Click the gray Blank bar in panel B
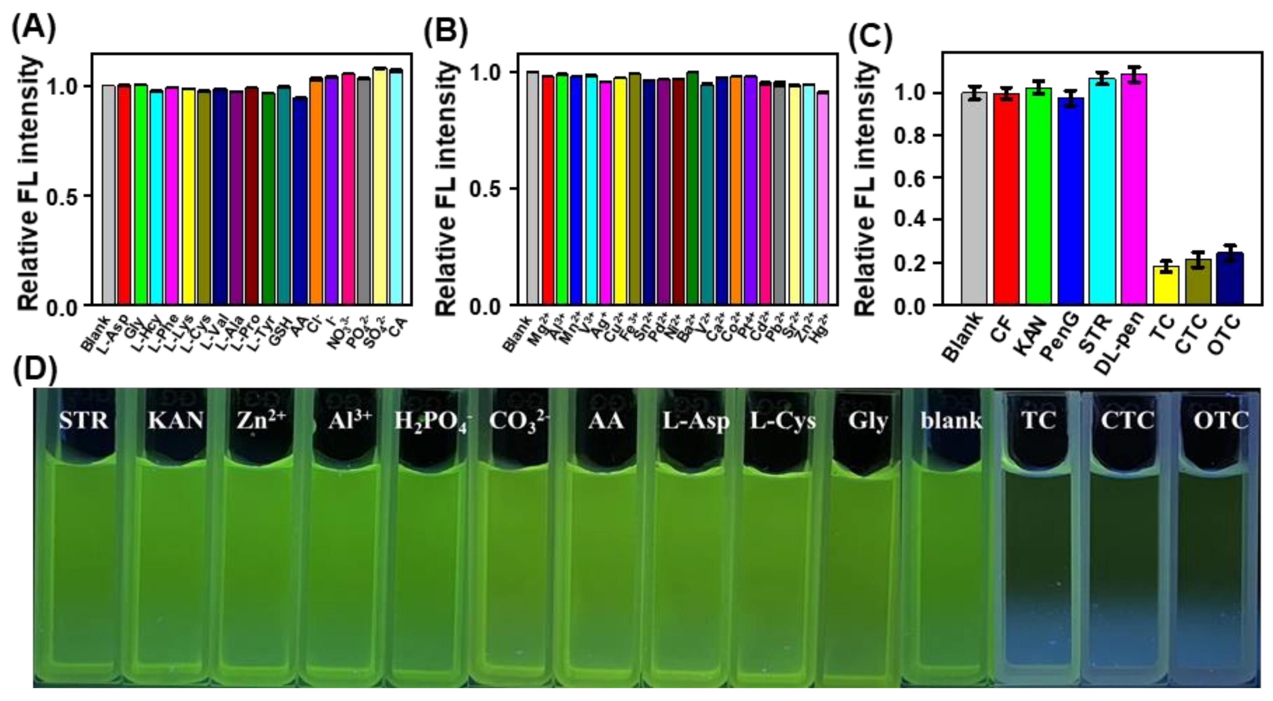533,188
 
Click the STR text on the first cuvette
83,421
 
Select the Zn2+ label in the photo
260,420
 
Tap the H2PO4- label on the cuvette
433,422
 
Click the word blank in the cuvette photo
951,421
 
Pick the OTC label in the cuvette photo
1221,421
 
